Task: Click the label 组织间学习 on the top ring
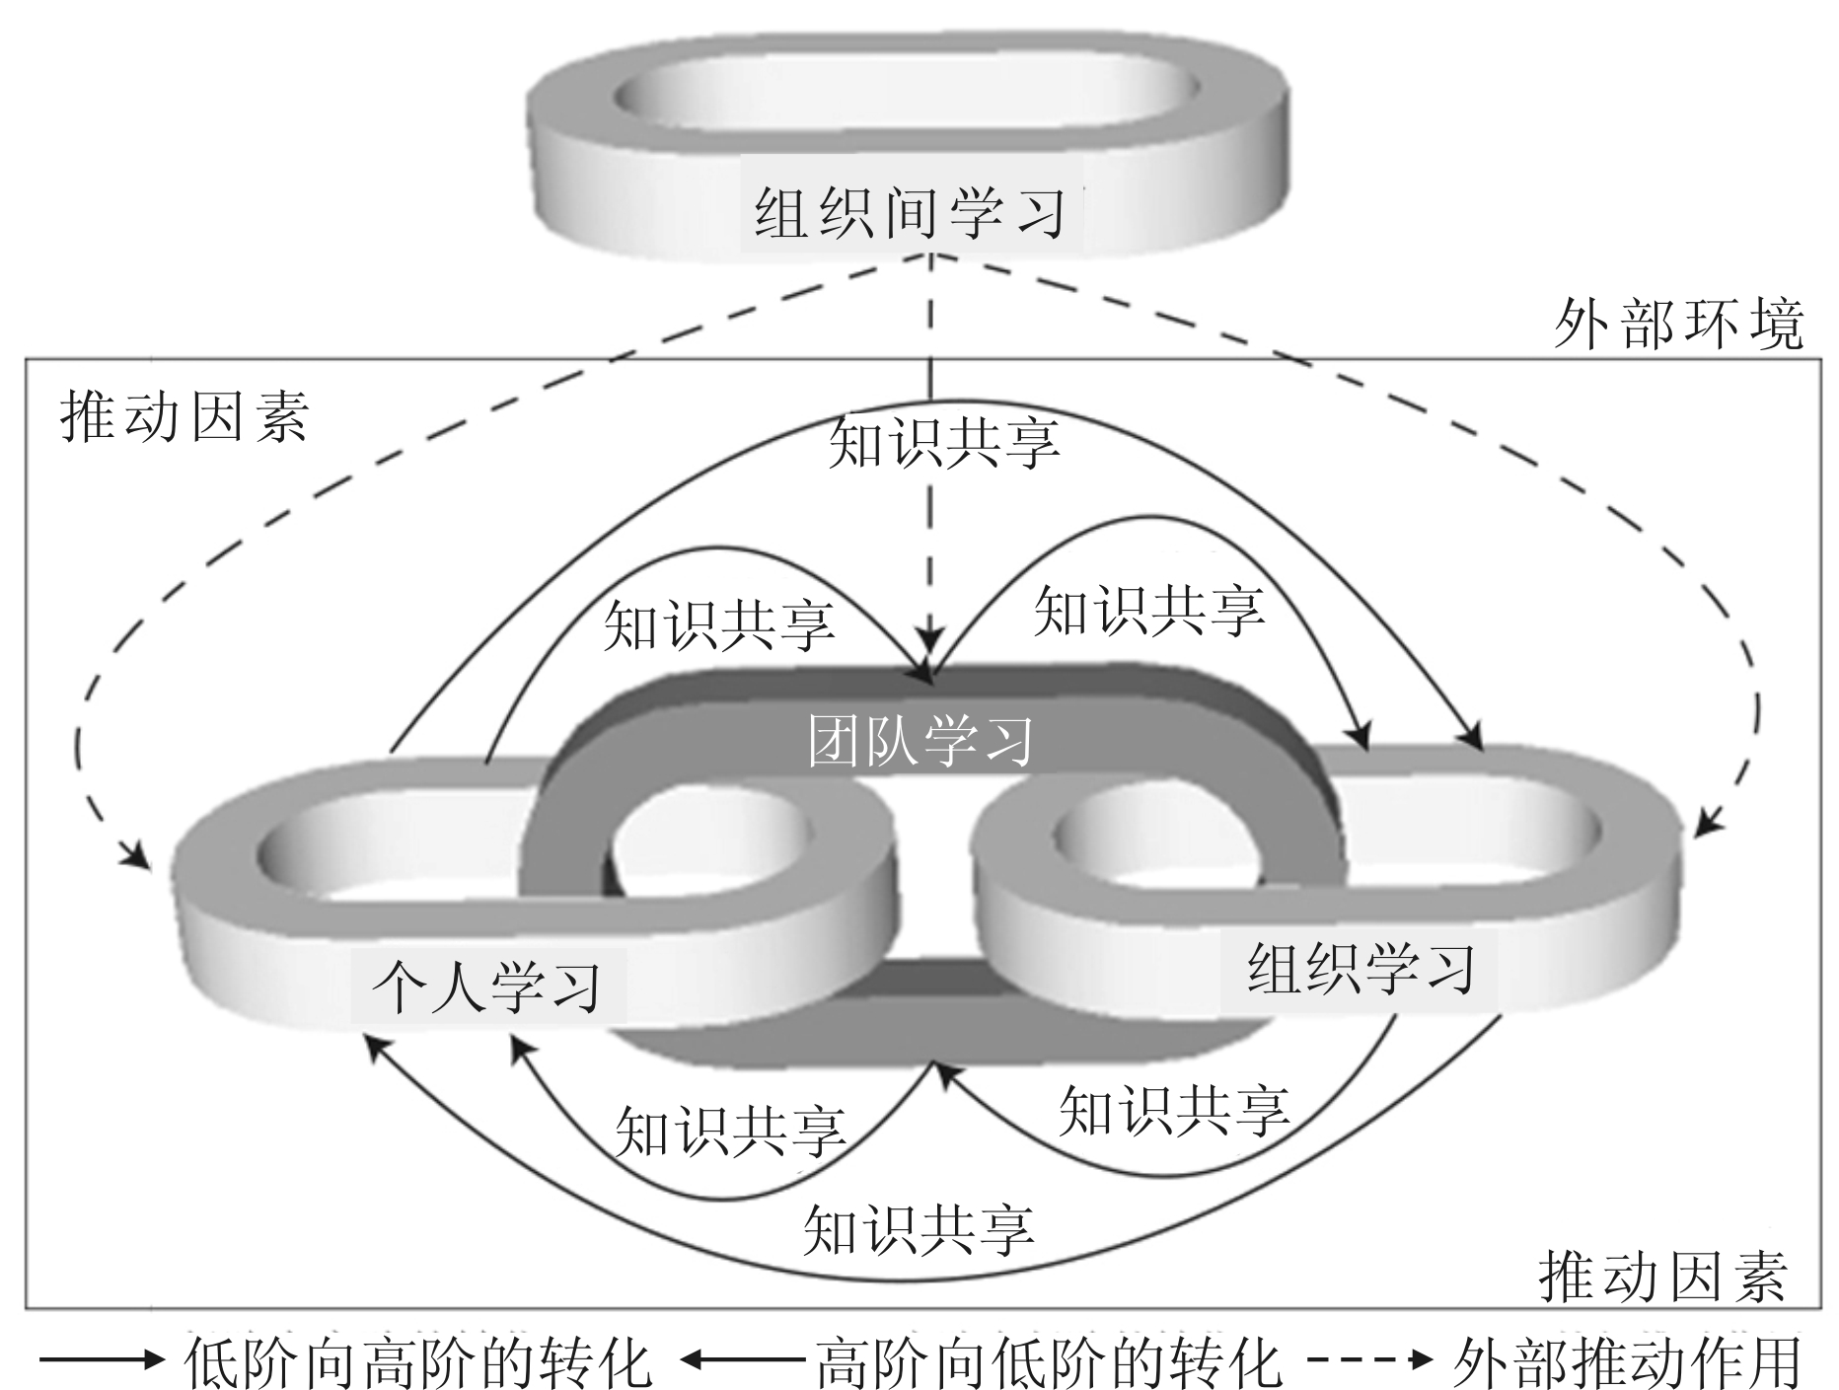click(x=910, y=213)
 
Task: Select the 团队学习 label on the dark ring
click(x=920, y=742)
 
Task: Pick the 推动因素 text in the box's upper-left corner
click(x=185, y=416)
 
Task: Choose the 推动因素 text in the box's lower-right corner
click(x=1663, y=1277)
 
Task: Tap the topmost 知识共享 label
click(x=944, y=443)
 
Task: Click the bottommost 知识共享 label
click(x=919, y=1230)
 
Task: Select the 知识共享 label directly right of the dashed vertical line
click(x=1148, y=610)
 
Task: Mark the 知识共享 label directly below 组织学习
click(x=1174, y=1110)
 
